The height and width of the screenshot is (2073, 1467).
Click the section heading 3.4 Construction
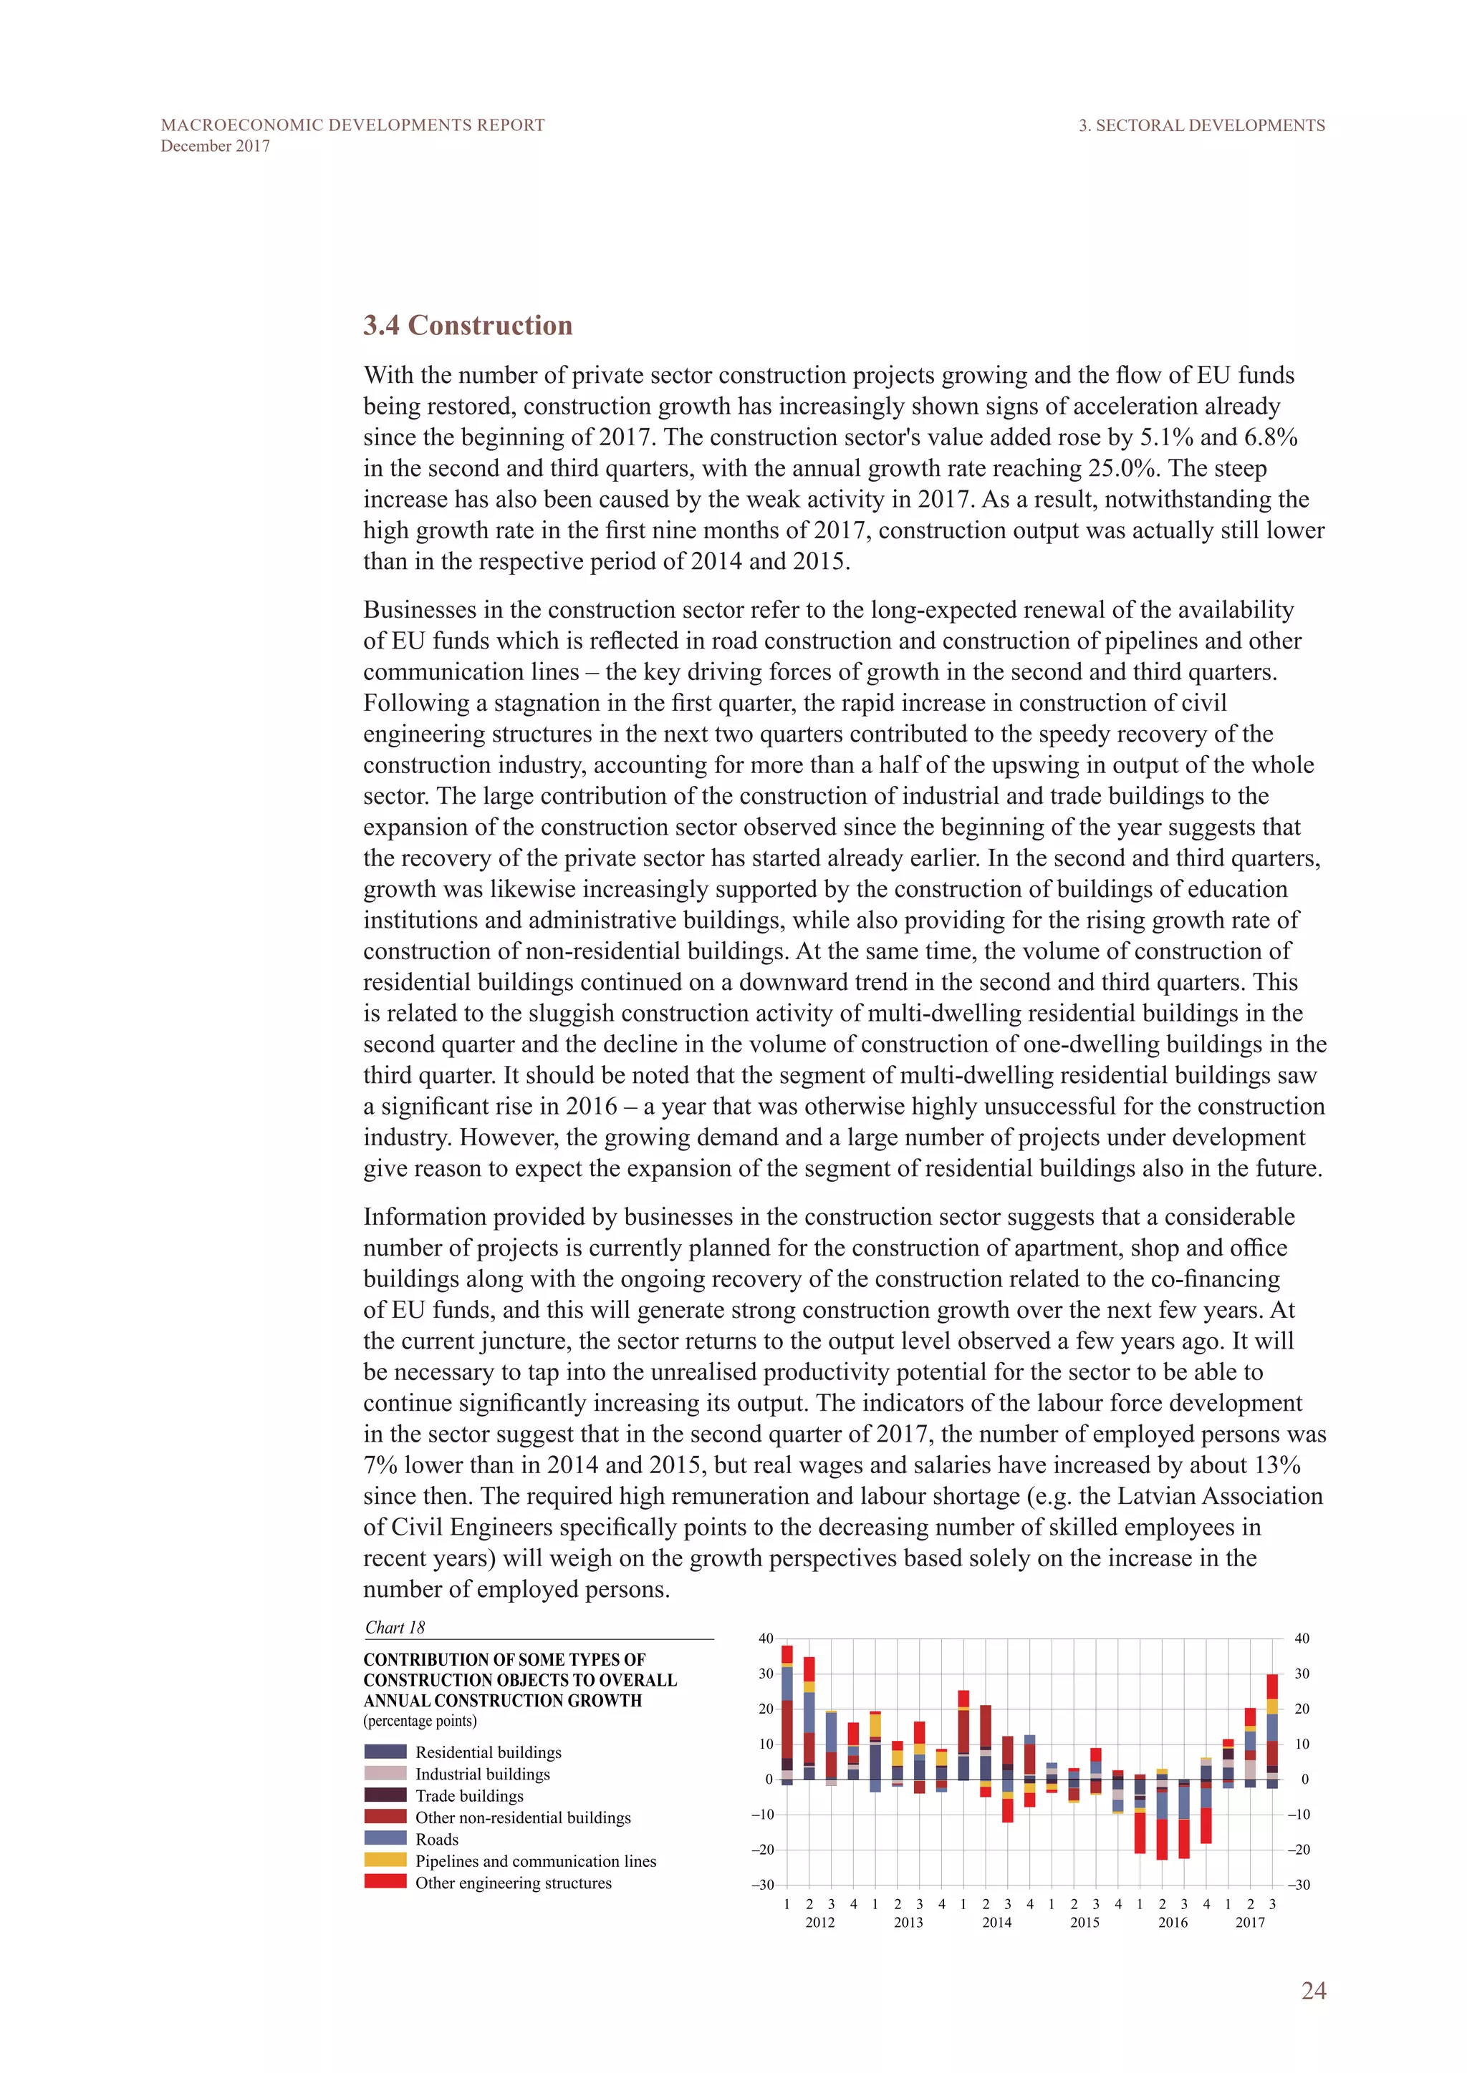467,325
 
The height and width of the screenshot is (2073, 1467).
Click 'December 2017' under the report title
215,146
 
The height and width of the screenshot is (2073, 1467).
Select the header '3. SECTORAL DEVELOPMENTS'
1201,125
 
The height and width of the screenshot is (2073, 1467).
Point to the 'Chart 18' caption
395,1627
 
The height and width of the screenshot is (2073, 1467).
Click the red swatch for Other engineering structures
385,1882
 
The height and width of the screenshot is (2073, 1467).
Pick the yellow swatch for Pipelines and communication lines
385,1860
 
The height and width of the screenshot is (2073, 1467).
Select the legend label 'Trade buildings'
469,1796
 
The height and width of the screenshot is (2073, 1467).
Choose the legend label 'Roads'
436,1839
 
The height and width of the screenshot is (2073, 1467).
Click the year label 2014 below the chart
996,1922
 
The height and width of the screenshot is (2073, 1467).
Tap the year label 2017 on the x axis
1249,1922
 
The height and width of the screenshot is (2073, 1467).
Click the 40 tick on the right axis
1302,1639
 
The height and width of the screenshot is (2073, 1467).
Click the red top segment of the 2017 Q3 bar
1272,1686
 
